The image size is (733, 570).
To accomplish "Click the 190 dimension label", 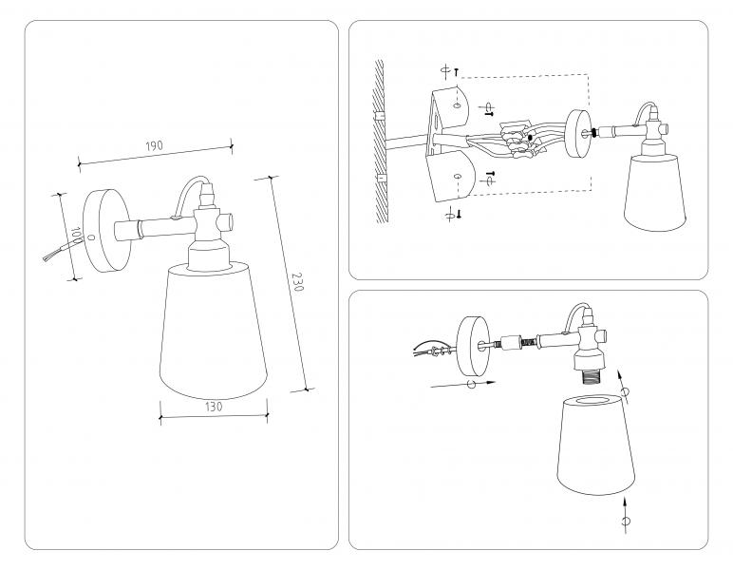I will [x=155, y=146].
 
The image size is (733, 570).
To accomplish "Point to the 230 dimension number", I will [x=297, y=282].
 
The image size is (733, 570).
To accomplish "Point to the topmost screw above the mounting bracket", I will [x=459, y=70].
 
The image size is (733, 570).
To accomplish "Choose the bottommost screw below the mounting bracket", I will [x=460, y=215].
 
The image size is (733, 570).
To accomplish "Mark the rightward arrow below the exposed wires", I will [x=462, y=384].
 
